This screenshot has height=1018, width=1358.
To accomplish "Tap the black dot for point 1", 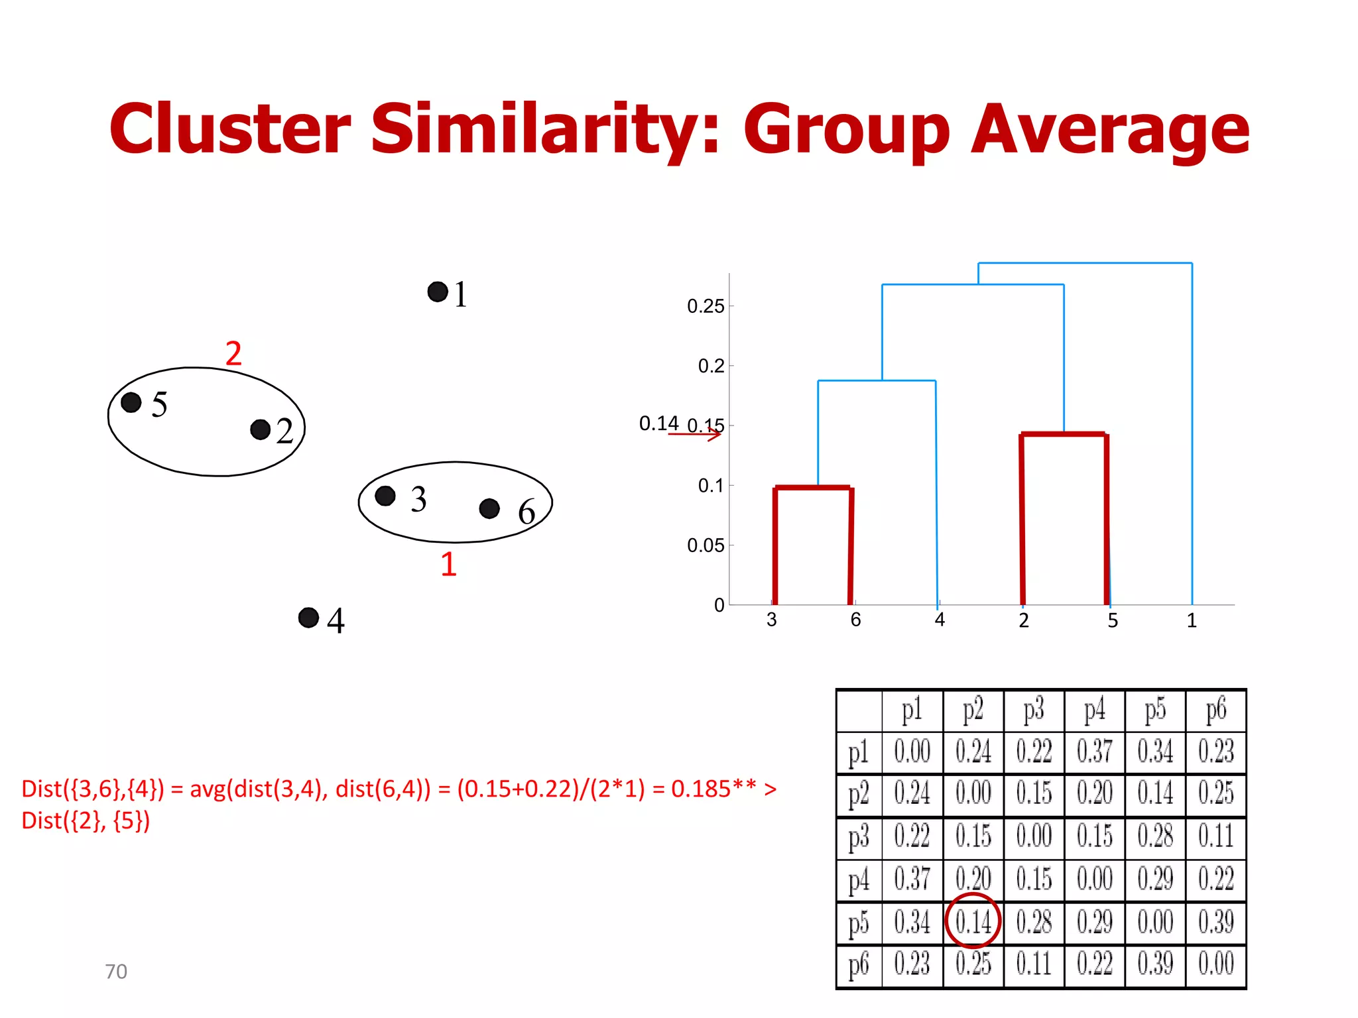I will click(x=438, y=292).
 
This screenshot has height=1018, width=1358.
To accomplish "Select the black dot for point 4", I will click(x=308, y=618).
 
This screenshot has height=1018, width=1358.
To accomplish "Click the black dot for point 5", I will click(x=131, y=402).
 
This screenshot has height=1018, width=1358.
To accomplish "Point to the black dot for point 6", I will click(x=489, y=508).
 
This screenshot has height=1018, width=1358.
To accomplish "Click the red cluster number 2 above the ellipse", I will click(x=233, y=353).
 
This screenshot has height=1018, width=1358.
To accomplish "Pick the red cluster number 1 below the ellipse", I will click(x=449, y=564).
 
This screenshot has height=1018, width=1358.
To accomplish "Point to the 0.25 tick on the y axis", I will click(x=706, y=306).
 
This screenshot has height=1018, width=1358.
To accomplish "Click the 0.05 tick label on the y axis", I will click(x=706, y=545).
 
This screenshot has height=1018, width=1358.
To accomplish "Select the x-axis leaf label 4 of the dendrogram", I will click(x=940, y=620).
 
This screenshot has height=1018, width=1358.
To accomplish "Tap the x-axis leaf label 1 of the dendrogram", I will click(x=1192, y=620).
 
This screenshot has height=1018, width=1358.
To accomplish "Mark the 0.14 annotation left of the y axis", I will click(x=658, y=423).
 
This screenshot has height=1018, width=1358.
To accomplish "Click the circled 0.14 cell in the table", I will click(x=973, y=922).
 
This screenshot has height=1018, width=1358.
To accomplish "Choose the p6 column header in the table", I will click(x=1215, y=710).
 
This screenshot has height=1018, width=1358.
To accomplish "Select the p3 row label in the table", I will click(x=859, y=838).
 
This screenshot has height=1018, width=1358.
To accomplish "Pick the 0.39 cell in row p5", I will click(x=1215, y=922).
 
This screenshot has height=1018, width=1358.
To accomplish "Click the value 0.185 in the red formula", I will click(x=701, y=789).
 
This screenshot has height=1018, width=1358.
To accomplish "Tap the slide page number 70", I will click(x=116, y=972).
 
